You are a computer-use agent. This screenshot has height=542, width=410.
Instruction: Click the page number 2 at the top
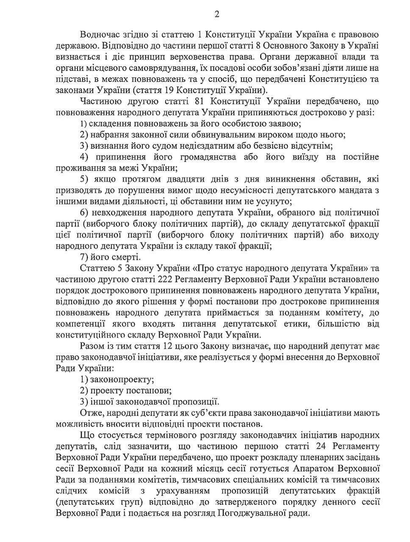click(217, 15)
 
